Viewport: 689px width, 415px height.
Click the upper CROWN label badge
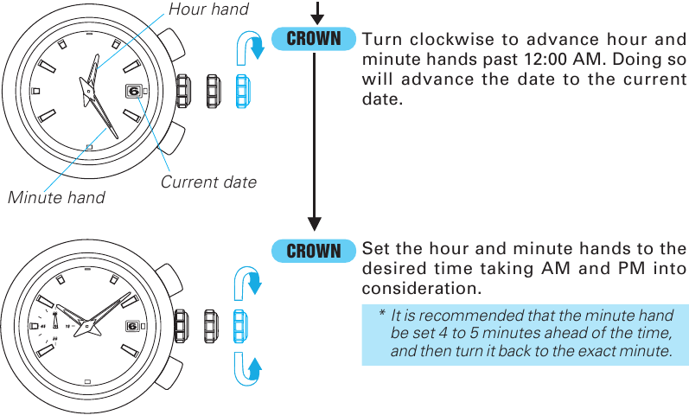314,39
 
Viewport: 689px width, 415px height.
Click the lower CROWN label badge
314,251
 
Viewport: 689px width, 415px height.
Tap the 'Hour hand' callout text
208,10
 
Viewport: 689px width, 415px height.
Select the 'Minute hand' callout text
56,197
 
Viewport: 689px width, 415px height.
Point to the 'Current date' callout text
208,182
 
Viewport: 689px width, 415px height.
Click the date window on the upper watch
134,89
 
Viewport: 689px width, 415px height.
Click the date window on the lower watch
132,326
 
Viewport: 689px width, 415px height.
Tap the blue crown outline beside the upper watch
245,89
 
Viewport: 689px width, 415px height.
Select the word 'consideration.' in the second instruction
421,287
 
